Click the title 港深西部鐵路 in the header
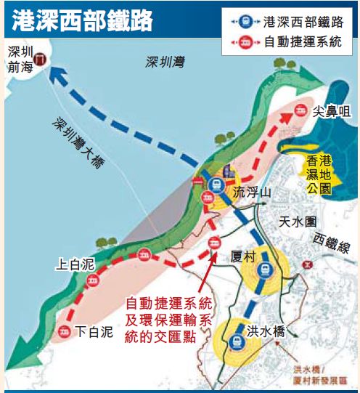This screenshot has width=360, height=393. point(82,20)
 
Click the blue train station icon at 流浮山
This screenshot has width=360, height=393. point(215,185)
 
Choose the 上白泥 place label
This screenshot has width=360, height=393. point(75,266)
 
